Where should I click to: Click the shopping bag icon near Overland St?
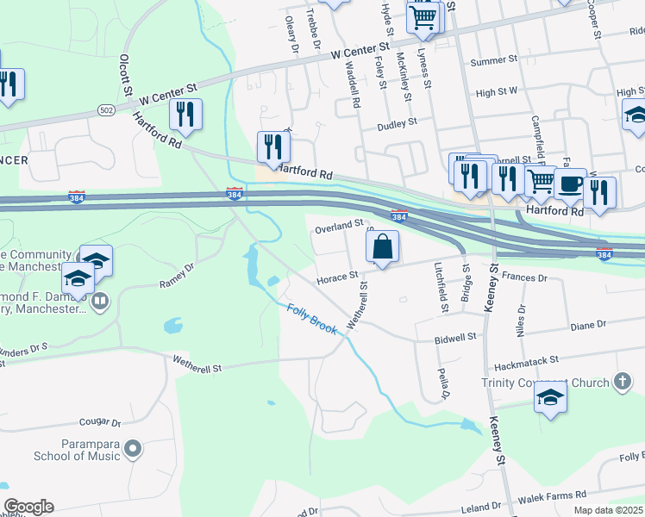(382, 246)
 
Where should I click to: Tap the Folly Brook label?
(312, 319)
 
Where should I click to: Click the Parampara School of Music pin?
(133, 448)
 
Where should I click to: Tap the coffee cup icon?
(569, 184)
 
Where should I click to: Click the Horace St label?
(336, 277)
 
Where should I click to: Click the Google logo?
(28, 507)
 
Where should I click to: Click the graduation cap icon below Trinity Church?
(549, 398)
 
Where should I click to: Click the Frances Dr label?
(525, 278)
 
